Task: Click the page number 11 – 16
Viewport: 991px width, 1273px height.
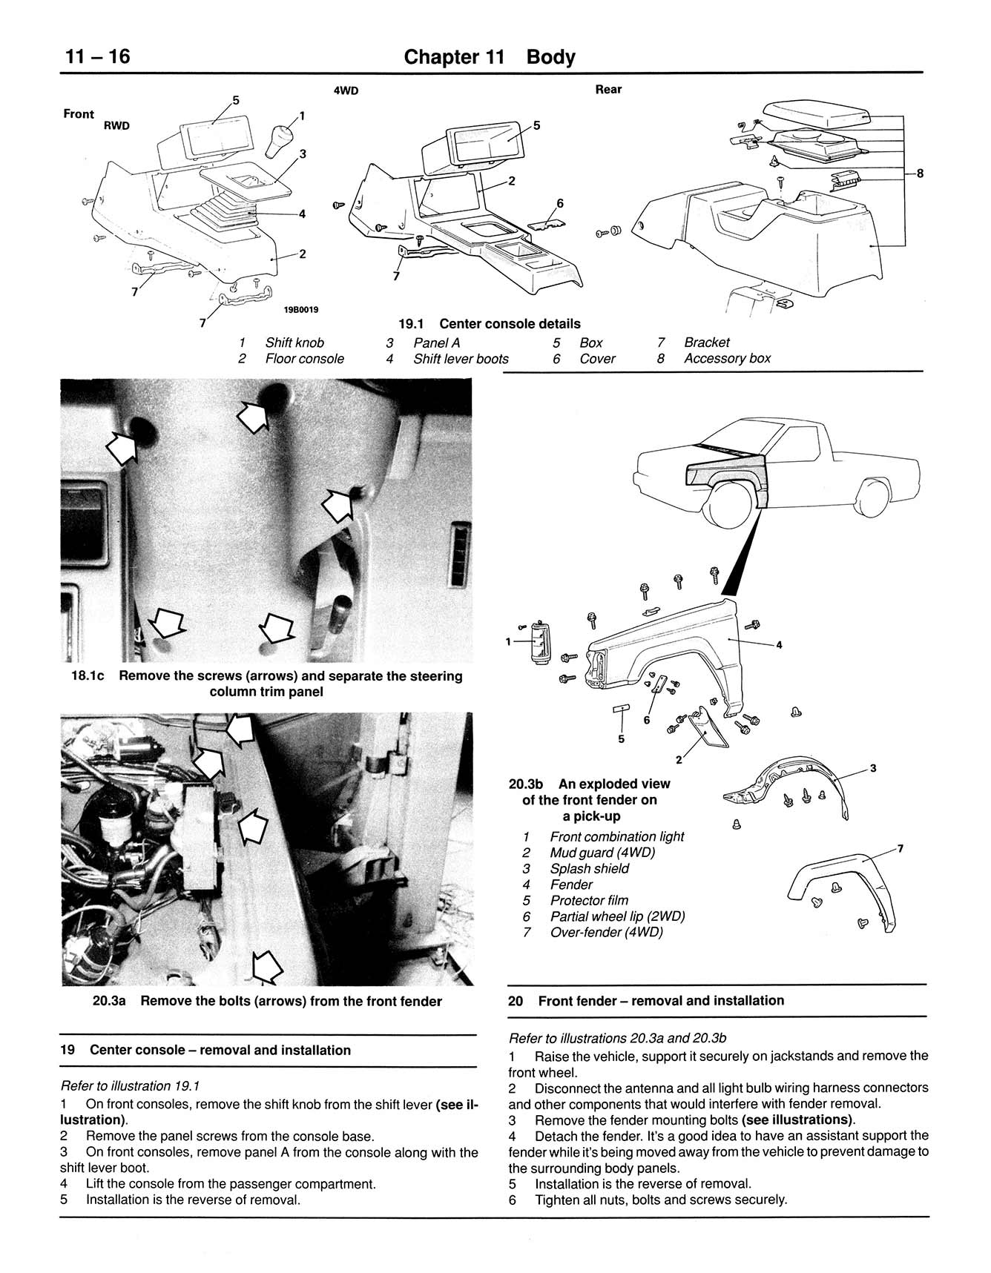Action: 96,56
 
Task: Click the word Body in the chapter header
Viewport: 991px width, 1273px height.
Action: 550,57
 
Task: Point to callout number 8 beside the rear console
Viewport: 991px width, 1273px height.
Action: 920,173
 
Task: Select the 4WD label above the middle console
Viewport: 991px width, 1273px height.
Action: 346,90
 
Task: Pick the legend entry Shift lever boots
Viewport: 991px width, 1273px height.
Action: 461,359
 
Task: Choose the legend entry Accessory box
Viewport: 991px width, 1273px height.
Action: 726,359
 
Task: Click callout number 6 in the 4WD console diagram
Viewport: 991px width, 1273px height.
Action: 559,203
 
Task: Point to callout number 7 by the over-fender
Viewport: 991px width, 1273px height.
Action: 900,848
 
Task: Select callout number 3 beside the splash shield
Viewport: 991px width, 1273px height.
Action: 873,768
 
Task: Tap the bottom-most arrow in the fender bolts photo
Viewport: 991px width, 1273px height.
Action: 267,966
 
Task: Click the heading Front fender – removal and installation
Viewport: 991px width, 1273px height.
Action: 660,1001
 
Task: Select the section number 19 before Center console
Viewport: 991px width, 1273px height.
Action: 68,1051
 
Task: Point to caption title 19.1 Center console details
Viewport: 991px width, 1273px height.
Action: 490,324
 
